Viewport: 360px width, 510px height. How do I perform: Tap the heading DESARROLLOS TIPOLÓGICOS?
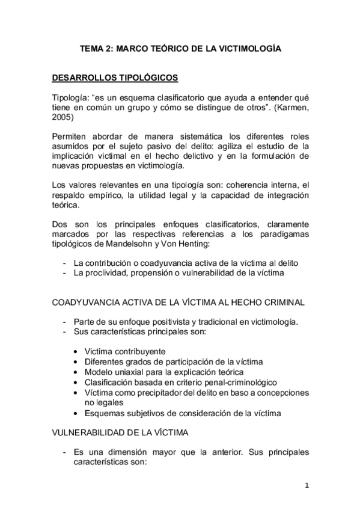114,78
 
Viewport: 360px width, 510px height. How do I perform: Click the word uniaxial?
132,372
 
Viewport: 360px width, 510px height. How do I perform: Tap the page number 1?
307,486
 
